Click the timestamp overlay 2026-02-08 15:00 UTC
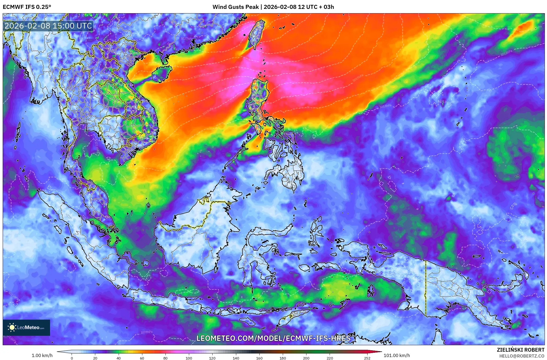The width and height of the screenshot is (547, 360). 48,26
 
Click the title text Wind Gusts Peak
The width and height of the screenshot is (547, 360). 235,7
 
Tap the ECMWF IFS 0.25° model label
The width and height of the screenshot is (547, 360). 27,7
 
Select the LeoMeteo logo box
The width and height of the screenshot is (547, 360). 26,327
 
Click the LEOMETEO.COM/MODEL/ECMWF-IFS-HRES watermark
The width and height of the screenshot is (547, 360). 273,338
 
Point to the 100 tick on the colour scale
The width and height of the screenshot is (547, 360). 189,358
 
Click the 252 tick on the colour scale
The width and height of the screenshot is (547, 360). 367,358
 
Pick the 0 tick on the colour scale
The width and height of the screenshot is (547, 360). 72,358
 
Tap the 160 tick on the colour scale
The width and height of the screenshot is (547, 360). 259,358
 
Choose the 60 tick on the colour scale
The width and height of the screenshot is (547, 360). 142,358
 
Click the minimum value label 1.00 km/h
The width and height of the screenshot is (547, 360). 42,355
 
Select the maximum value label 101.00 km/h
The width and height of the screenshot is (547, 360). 397,355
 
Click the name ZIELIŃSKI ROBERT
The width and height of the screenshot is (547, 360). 520,350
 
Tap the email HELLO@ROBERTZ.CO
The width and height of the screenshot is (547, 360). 522,356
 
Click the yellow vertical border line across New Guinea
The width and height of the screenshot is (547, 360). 425,288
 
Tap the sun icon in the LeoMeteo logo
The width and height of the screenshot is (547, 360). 12,327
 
